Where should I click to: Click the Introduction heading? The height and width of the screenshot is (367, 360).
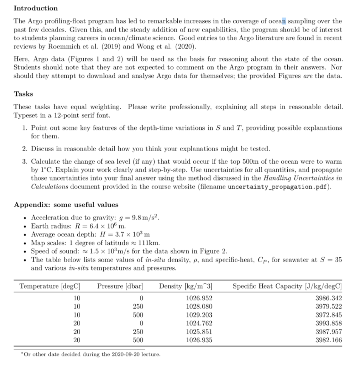[35, 8]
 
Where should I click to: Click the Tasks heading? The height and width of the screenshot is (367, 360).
[23, 94]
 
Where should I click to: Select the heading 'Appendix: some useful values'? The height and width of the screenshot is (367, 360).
[66, 205]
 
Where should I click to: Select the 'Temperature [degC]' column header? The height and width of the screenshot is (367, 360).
[50, 286]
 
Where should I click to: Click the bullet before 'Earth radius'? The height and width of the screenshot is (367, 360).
[24, 226]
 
